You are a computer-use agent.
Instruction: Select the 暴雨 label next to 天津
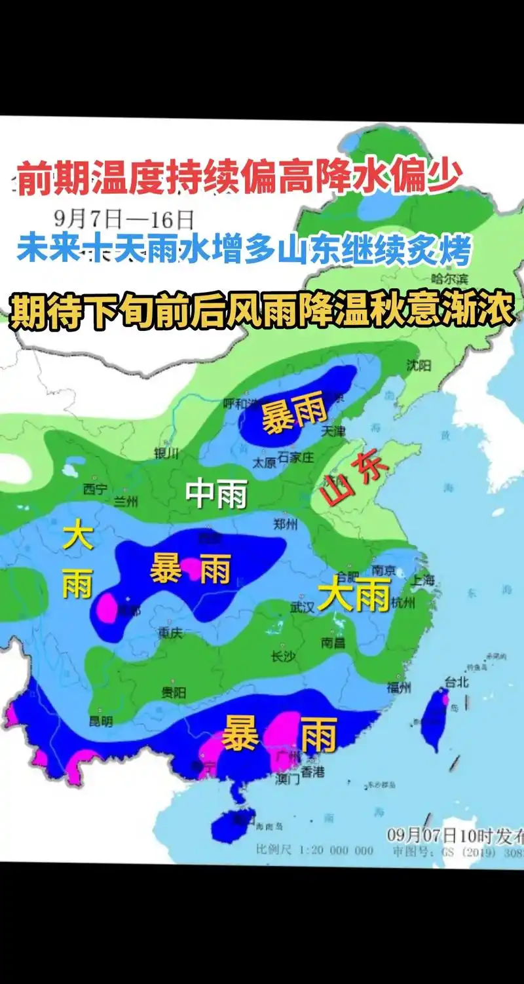pos(294,416)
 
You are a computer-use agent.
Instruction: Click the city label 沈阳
pos(419,365)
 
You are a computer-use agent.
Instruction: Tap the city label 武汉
pos(303,607)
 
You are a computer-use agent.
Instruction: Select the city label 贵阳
pos(174,692)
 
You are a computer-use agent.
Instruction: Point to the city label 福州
pos(398,687)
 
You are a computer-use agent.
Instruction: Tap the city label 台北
pos(457,682)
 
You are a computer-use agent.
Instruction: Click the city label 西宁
pos(95,488)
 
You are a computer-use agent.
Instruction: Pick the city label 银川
pos(166,453)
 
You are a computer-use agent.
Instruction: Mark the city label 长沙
pos(283,656)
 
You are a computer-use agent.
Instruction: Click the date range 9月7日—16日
pos(125,217)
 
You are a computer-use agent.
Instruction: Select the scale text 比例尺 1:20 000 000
pos(314,850)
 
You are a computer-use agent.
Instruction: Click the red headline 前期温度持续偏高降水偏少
pos(240,178)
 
